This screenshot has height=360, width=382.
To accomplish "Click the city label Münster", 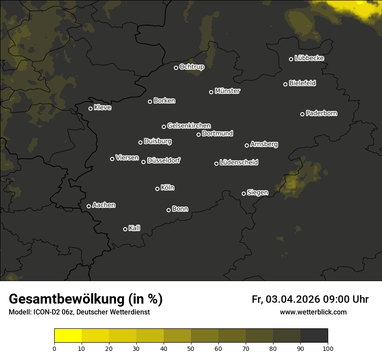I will click(x=227, y=91).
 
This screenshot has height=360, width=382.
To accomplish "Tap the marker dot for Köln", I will click(x=157, y=189).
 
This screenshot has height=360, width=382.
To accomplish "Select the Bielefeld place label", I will click(x=302, y=83).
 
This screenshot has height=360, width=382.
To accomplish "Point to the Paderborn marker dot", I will click(x=302, y=114).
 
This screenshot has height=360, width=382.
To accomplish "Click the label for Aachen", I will click(x=104, y=205).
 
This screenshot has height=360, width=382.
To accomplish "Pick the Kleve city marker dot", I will click(x=90, y=108).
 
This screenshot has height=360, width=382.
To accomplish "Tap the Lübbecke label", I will click(x=309, y=58).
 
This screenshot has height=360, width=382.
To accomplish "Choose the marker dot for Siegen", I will click(x=244, y=193).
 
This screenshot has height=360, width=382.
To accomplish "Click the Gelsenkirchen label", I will click(x=189, y=126).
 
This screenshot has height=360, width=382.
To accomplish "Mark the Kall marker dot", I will click(x=125, y=229).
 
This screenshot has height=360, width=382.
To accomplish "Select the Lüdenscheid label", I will click(x=239, y=163).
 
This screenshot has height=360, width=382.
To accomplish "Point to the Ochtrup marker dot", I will click(x=176, y=68).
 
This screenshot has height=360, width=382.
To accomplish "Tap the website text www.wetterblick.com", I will click(x=313, y=312).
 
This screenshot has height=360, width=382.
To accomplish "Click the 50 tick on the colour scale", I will click(x=191, y=348).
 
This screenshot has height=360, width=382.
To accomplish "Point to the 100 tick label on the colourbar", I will click(x=328, y=348).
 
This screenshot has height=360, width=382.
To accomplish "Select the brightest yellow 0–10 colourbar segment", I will click(x=68, y=335).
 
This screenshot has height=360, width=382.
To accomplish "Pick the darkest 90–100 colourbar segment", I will click(x=314, y=335).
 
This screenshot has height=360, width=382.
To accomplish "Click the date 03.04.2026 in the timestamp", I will click(x=292, y=299).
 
